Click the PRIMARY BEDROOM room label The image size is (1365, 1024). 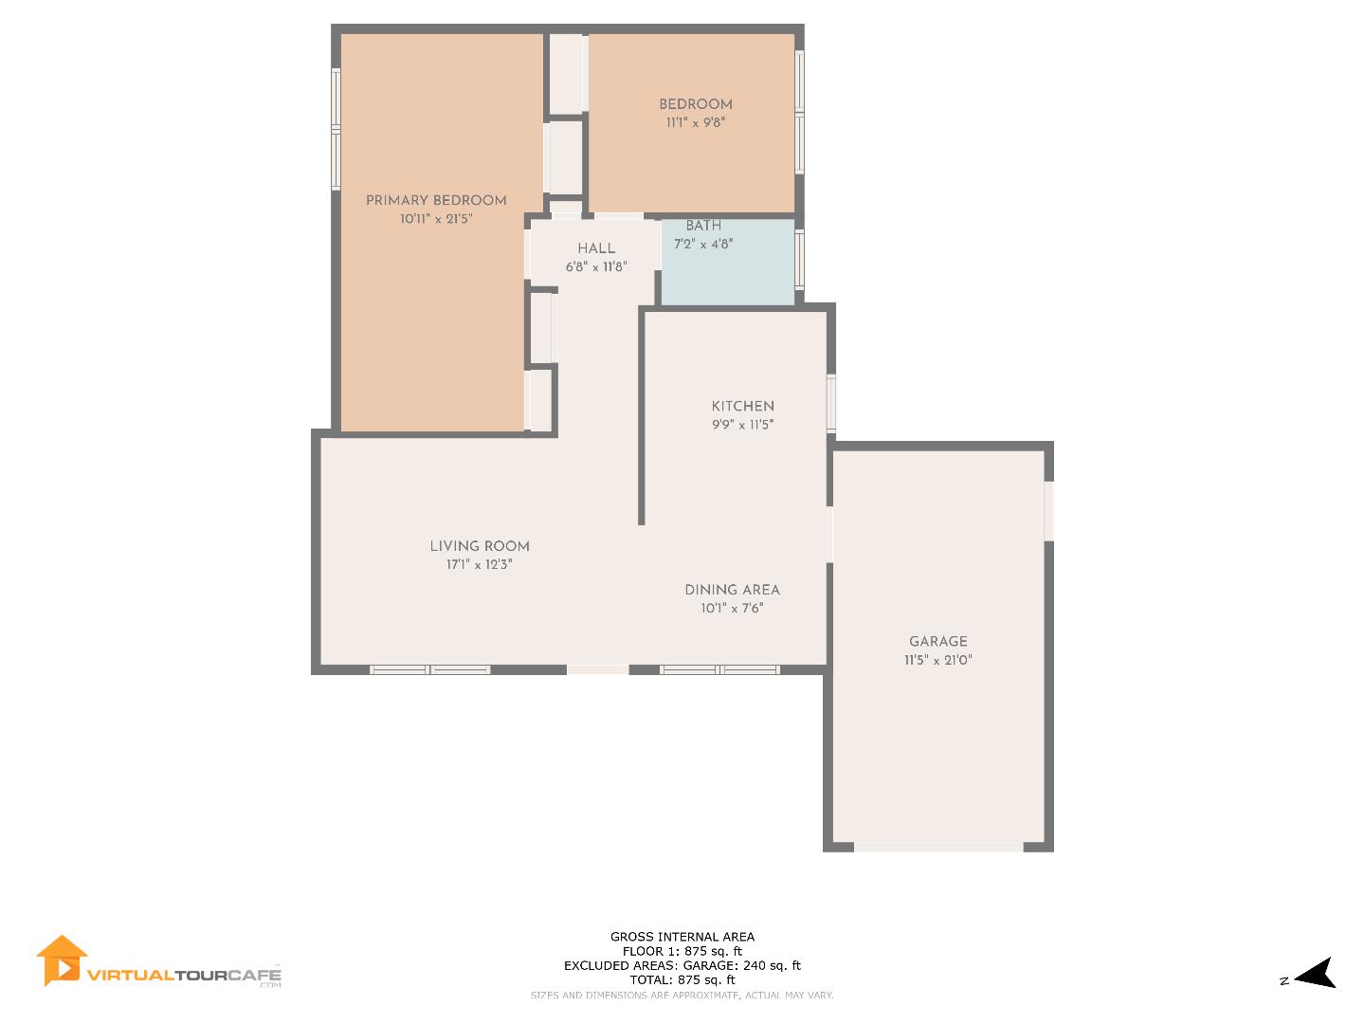[x=436, y=200]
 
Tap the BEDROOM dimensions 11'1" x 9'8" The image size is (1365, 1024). [x=696, y=122]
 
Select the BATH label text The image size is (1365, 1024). [x=703, y=226]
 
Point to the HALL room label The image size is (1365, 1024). [x=596, y=248]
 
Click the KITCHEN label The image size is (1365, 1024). [x=743, y=406]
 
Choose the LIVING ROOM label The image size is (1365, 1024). [x=480, y=546]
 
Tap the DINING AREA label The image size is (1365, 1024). [x=732, y=590]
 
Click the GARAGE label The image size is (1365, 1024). [x=938, y=642]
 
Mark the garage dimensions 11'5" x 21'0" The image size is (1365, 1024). [x=938, y=661]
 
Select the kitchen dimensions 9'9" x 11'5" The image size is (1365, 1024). [x=743, y=425]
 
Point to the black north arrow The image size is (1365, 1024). [x=1317, y=974]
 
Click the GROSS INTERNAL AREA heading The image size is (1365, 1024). [x=682, y=937]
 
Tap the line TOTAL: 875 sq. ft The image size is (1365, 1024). [x=682, y=979]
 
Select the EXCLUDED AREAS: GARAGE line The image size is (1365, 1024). [x=682, y=965]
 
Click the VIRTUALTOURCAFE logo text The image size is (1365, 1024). [x=185, y=975]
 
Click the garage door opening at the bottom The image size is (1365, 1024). [x=938, y=846]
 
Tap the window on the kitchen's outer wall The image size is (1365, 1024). [x=831, y=404]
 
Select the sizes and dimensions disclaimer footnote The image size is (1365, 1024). [x=682, y=995]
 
